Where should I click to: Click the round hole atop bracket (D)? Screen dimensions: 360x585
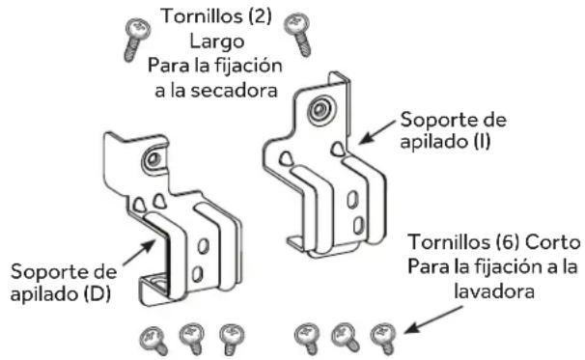[153, 158]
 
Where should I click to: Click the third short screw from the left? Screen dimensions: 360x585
[230, 337]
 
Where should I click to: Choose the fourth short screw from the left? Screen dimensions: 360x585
[307, 336]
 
